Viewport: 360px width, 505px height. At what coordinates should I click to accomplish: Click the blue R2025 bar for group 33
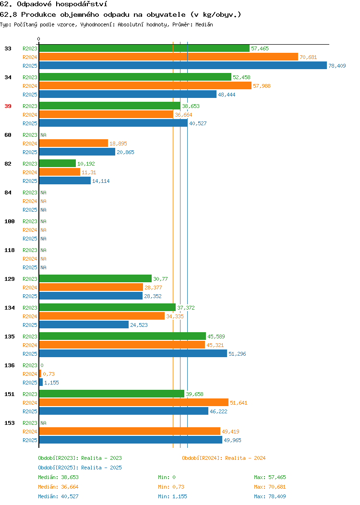pos(183,65)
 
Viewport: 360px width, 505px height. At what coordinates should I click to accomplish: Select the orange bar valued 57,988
pos(145,85)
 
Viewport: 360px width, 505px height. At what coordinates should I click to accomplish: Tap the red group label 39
pos(8,106)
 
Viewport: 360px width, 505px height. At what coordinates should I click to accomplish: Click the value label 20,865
pos(125,152)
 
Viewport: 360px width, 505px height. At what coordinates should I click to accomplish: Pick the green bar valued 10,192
pos(57,164)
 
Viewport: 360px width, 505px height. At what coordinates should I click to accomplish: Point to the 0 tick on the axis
pos(39,39)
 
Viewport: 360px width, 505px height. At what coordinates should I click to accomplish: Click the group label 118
pos(9,250)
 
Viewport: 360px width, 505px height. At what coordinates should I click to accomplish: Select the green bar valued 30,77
pos(96,278)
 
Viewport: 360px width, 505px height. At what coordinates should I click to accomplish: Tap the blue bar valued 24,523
pos(84,325)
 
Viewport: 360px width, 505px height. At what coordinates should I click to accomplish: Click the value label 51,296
pos(237,354)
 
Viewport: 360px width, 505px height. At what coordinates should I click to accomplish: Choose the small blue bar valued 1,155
pos(41,382)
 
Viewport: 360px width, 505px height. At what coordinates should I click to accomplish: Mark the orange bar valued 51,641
pos(133,402)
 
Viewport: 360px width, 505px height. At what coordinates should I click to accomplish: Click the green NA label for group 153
pos(44,423)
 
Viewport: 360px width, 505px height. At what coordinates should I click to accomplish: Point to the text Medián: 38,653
pos(58,477)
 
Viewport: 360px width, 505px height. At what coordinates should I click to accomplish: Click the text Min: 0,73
pos(171,487)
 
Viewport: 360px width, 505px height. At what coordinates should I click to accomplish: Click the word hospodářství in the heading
pos(82,4)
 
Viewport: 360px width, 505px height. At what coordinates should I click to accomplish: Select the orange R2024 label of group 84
pos(30,201)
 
